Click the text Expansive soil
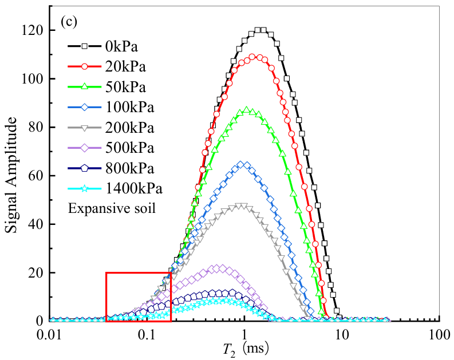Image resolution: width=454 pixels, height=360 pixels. click(112, 208)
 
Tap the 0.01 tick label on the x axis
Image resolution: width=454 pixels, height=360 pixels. click(50, 334)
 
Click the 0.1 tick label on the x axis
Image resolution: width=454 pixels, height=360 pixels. click(147, 334)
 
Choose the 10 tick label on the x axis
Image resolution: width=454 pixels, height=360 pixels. click(342, 334)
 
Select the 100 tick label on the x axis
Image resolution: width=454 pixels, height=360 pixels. click(439, 334)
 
